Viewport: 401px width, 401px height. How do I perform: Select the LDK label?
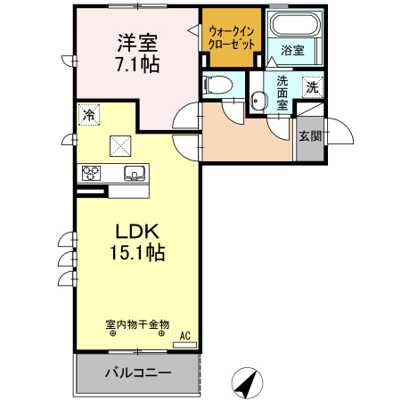point(135,230)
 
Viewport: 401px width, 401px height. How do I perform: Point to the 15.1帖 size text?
point(135,252)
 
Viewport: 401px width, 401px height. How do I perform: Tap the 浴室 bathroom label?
point(292,51)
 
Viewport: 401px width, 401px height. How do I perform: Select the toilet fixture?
point(218,86)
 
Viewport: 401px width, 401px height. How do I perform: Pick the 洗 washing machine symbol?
point(311,86)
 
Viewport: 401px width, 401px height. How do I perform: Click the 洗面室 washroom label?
point(282,93)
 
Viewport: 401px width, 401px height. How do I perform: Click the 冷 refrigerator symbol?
point(88,114)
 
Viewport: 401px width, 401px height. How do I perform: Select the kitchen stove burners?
point(91,173)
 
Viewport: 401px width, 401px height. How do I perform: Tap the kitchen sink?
point(134,173)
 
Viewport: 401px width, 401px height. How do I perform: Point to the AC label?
point(186,335)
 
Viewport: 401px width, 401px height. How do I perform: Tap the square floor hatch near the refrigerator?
point(119,144)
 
